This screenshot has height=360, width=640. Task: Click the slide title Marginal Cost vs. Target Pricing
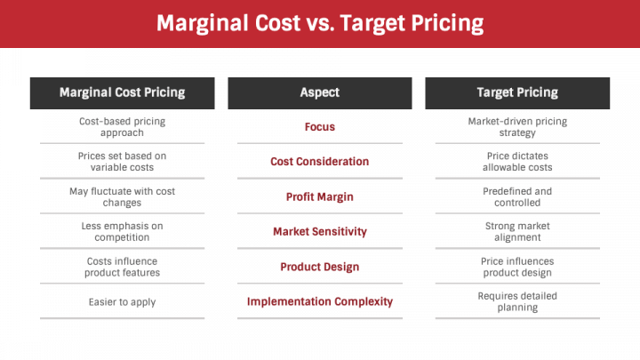pos(320,22)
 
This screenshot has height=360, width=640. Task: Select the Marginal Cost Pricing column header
pos(122,92)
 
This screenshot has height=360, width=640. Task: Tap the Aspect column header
pos(320,92)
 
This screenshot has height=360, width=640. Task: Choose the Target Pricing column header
pos(517,92)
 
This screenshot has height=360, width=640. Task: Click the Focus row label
pos(320,127)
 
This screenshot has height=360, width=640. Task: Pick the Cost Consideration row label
pos(320,162)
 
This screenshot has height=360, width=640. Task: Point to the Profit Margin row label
pos(320,196)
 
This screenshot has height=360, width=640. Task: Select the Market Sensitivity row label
pos(320,232)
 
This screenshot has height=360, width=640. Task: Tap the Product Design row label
pos(320,267)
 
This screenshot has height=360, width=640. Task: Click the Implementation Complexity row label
pos(320,301)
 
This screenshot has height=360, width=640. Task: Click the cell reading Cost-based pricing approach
pos(122,127)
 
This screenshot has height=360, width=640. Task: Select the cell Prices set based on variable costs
pos(122,162)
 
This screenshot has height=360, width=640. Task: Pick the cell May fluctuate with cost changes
pos(122,196)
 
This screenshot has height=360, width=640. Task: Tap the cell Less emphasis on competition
pos(122,232)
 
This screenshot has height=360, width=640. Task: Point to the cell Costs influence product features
pos(122,267)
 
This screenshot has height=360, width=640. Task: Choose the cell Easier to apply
pos(122,302)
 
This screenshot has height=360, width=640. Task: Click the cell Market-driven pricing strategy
pos(517,127)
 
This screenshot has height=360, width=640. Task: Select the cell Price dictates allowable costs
pos(517,162)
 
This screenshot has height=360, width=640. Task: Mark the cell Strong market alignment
pos(517,232)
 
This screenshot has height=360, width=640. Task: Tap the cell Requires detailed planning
pos(517,301)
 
